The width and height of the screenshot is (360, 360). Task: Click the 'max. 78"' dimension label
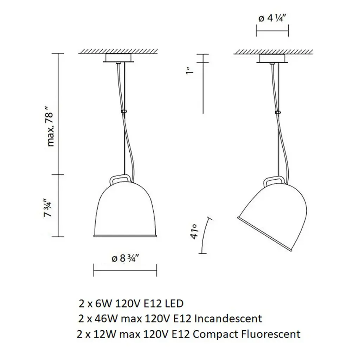pos(50,129)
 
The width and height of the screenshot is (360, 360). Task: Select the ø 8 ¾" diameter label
pos(126,259)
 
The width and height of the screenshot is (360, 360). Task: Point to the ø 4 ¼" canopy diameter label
pos(272,18)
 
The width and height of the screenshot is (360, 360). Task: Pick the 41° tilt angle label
pos(194,232)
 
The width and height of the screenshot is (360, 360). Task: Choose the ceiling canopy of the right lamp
pos(272,58)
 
